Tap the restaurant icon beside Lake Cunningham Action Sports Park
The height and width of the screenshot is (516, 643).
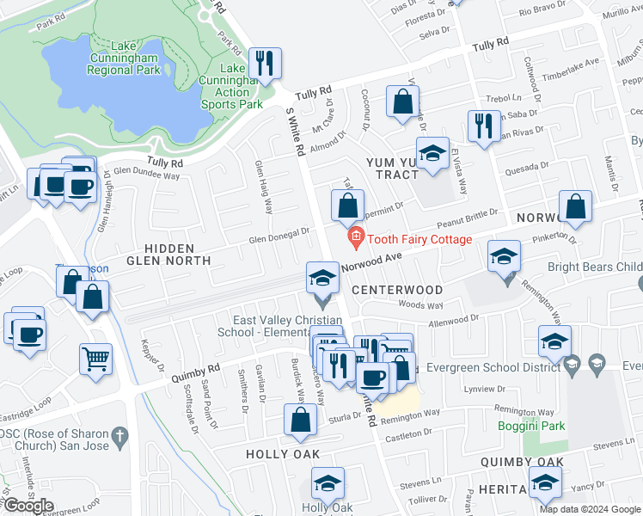[264, 63]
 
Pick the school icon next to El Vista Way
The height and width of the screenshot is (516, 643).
[432, 153]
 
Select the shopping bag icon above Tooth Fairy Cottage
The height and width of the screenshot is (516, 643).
[347, 206]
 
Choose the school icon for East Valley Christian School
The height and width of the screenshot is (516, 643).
[322, 278]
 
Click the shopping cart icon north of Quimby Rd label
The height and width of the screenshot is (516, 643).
[95, 358]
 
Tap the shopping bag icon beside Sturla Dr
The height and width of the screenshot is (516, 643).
[300, 420]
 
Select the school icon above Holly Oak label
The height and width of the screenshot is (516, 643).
[328, 483]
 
